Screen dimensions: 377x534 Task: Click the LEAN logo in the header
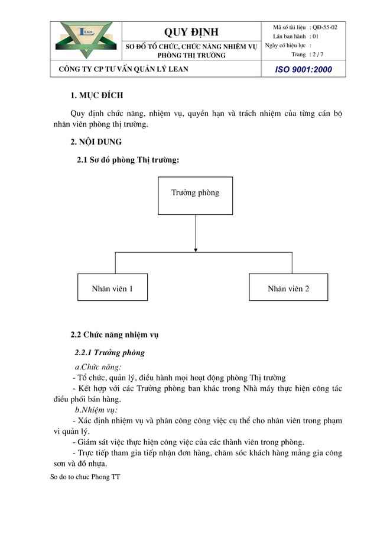tap(85, 40)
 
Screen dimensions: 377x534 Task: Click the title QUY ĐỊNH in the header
tap(191, 32)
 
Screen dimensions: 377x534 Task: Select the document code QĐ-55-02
tap(325, 28)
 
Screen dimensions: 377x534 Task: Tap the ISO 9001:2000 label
tap(304, 69)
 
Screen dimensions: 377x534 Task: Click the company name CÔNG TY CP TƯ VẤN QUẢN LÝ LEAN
tap(123, 69)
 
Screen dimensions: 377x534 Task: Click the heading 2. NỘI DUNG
tap(96, 142)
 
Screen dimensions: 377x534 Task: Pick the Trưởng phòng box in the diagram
tap(195, 195)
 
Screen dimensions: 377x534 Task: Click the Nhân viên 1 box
tap(112, 287)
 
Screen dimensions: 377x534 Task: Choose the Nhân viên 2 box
tap(288, 287)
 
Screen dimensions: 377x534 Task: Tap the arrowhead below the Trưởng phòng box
tap(195, 249)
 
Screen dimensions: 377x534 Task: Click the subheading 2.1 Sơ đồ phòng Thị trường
tap(128, 160)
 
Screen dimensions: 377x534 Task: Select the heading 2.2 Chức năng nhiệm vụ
tap(114, 334)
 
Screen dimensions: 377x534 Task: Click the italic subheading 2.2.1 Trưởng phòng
tap(109, 353)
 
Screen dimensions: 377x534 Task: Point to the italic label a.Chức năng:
tap(97, 366)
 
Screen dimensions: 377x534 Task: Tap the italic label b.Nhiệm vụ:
tap(96, 410)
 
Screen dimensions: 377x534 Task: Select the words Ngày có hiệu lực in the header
tap(286, 46)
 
